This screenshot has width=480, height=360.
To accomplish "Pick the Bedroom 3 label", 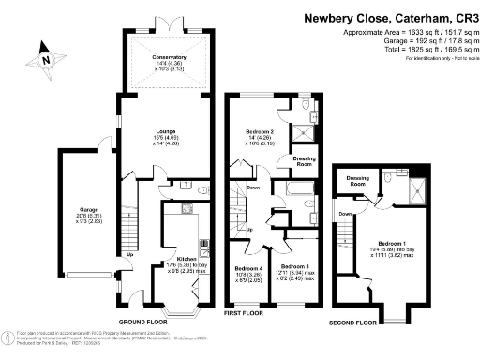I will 293,267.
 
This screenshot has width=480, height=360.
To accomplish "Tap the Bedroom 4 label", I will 247,272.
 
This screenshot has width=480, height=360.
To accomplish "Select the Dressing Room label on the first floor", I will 303,161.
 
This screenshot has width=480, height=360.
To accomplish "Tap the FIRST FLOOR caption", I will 245,314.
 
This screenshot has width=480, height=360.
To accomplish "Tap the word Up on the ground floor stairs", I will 129,254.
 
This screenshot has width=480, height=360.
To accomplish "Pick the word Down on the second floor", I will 345,213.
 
